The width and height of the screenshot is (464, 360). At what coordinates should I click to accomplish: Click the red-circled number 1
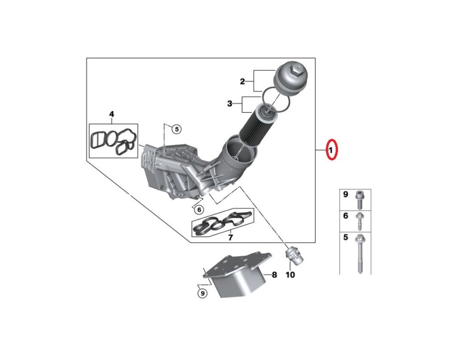coord(331,151)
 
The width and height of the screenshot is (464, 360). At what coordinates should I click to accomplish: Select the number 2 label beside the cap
coord(243,81)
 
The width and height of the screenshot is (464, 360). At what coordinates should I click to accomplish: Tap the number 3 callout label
coord(230,103)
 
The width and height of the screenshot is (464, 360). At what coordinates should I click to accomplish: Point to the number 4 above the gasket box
coord(112,115)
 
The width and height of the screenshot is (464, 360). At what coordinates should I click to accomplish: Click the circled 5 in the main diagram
coord(176,129)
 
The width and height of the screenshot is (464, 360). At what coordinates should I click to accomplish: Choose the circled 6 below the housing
coord(198,209)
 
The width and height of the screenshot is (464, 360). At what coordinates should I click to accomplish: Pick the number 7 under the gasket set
coord(230,237)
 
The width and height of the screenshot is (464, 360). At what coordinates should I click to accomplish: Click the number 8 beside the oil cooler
coord(274,275)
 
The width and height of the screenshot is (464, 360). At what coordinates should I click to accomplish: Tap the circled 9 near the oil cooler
coord(203,292)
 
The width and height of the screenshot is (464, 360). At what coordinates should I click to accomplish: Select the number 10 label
coord(290,275)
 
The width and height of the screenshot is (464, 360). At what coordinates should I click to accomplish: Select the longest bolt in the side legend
coord(361,254)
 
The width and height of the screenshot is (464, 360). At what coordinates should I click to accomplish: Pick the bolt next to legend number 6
coord(361,221)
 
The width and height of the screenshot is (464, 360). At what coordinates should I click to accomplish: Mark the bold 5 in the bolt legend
coord(346,237)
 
